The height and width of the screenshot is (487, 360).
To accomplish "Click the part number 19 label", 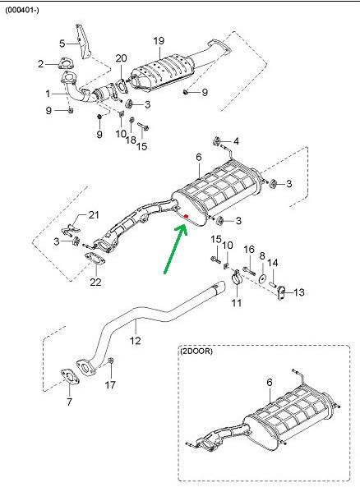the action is pyautogui.click(x=159, y=41).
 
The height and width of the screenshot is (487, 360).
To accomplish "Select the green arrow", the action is pyautogui.click(x=175, y=250).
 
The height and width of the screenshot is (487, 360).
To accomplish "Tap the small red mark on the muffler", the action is pyautogui.click(x=186, y=216).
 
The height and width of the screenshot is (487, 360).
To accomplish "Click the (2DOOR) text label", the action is pyautogui.click(x=196, y=351).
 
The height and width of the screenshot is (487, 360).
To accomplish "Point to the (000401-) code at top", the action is pyautogui.click(x=22, y=10).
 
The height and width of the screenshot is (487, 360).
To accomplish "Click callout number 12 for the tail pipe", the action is pyautogui.click(x=136, y=341).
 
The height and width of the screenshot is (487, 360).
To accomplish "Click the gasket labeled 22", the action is pyautogui.click(x=95, y=259).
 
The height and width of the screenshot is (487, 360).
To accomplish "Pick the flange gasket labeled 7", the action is pyautogui.click(x=69, y=377).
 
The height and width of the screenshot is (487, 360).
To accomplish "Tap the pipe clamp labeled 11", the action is pyautogui.click(x=237, y=277).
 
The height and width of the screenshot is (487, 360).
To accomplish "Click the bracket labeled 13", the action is pyautogui.click(x=281, y=293).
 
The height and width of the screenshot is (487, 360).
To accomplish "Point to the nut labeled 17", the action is pyautogui.click(x=110, y=361).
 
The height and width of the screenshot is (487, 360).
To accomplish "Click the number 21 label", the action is pyautogui.click(x=94, y=215).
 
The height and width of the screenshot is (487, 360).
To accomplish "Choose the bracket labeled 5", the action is pyautogui.click(x=83, y=42).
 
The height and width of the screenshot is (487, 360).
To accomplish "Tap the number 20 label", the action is pyautogui.click(x=122, y=58).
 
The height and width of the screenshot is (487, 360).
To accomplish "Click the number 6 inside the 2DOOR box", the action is pyautogui.click(x=270, y=383).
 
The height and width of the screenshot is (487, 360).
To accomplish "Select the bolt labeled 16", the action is pyautogui.click(x=248, y=270).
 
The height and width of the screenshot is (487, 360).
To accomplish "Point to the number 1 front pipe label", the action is pyautogui.click(x=48, y=94).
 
